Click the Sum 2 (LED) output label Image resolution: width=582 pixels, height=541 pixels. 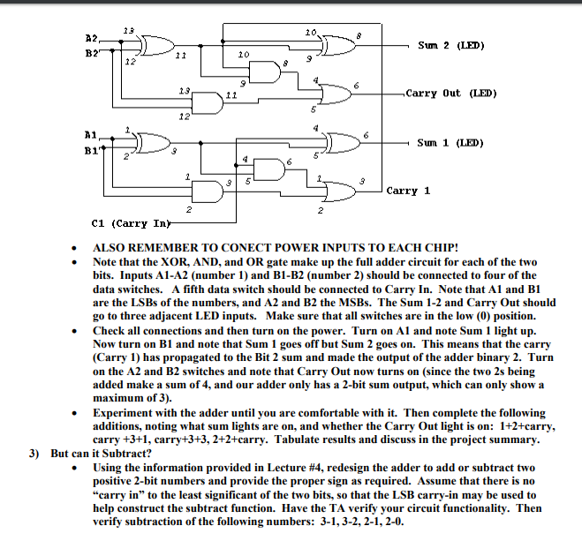pyautogui.click(x=451, y=45)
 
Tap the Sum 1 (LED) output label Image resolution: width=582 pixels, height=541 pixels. pyautogui.click(x=451, y=142)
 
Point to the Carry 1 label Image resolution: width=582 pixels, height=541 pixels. pyautogui.click(x=408, y=190)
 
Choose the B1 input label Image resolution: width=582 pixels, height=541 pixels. pyautogui.click(x=90, y=151)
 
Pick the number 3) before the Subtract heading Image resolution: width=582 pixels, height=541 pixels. pyautogui.click(x=34, y=454)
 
